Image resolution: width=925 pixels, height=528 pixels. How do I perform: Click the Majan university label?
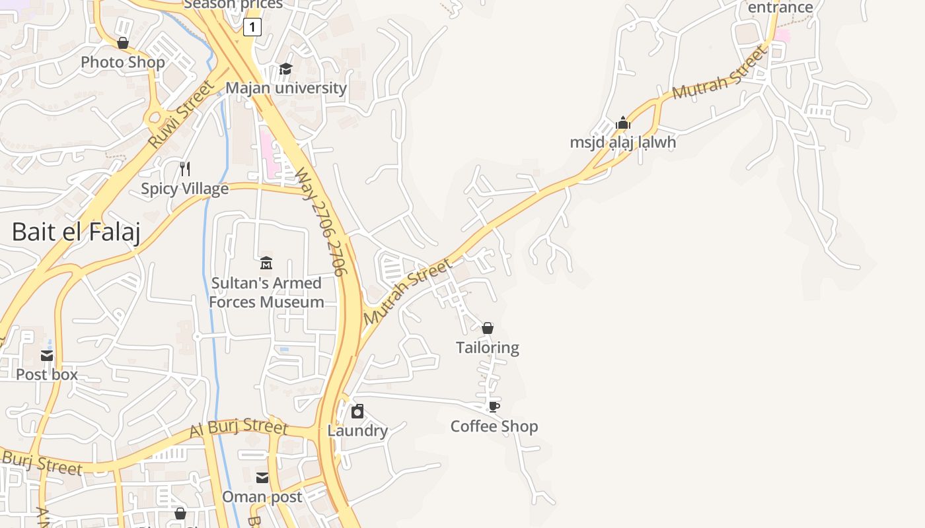click(286, 88)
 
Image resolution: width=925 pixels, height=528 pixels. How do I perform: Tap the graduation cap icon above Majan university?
click(285, 69)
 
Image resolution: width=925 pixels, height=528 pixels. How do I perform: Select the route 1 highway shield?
click(252, 27)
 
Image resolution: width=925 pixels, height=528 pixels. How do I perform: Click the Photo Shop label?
click(123, 62)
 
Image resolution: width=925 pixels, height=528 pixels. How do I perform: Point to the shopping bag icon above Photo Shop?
click(123, 43)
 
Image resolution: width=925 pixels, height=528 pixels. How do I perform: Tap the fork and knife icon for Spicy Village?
click(185, 169)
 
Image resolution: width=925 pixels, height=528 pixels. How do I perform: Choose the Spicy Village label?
click(185, 189)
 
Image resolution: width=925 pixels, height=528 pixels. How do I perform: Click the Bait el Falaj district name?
click(76, 232)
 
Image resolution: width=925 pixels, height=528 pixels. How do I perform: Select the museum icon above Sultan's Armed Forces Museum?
click(266, 263)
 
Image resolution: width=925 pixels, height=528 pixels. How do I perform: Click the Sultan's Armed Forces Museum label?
click(267, 292)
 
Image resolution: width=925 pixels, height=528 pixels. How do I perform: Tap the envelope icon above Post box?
click(47, 356)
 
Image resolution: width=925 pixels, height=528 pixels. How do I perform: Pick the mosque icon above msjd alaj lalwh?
click(623, 123)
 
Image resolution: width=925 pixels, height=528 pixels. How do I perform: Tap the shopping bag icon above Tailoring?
click(488, 328)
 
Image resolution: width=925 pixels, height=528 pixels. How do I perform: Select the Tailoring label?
click(488, 347)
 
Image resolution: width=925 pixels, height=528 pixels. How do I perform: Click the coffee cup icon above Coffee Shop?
click(494, 407)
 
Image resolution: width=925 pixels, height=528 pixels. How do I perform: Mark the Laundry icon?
click(357, 412)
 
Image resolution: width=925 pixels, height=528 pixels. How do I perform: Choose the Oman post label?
click(262, 496)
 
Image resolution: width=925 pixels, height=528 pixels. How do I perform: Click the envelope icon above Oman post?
click(262, 477)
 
